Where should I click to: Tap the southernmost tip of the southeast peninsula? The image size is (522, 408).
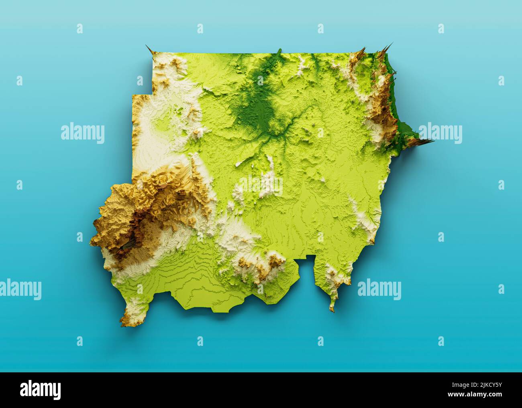click(x=332, y=309)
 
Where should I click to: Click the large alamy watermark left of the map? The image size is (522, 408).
click(x=83, y=133)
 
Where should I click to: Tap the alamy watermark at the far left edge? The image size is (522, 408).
click(x=20, y=289)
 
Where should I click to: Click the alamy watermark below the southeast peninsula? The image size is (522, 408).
click(x=379, y=289)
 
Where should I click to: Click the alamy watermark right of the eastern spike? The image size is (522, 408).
click(x=440, y=133)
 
